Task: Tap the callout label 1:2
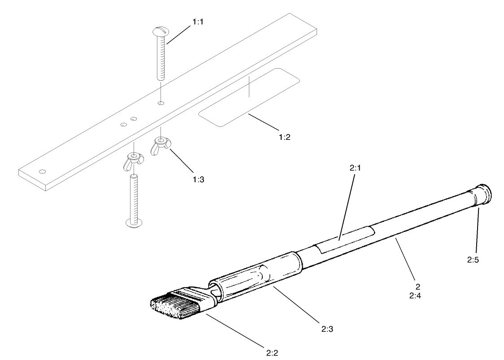pyautogui.click(x=284, y=137)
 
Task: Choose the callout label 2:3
pyautogui.click(x=326, y=329)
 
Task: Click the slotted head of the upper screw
pyautogui.click(x=160, y=31)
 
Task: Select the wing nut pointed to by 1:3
pyautogui.click(x=160, y=146)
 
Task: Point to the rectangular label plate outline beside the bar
pyautogui.click(x=249, y=98)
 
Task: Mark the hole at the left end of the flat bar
pyautogui.click(x=43, y=171)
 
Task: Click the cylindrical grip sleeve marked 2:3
pyautogui.click(x=254, y=275)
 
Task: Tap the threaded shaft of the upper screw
pyautogui.click(x=161, y=58)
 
